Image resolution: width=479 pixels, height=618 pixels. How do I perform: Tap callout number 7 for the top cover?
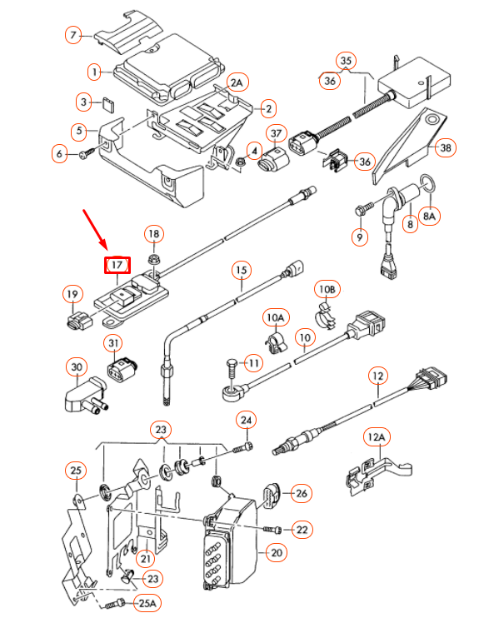coord(75,35)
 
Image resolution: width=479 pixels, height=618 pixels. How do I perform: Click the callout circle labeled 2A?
coord(237,82)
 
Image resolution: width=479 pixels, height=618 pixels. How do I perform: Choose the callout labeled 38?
coord(446,147)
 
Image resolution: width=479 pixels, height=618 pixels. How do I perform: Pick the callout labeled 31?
coord(114,343)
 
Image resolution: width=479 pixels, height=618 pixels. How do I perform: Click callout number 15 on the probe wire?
coord(240,271)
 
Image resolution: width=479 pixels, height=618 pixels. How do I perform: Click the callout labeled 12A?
coord(377,436)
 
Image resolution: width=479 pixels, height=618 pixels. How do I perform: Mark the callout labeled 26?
coord(301,494)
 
